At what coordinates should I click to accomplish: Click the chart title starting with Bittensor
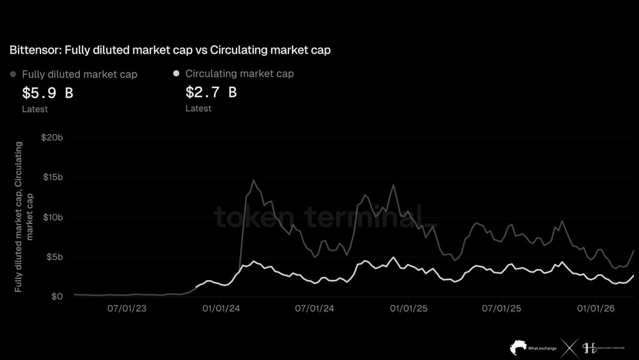170,50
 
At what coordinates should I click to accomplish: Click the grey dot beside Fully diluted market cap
14,74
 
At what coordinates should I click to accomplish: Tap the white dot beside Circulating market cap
176,74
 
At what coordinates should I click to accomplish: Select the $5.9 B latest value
47,93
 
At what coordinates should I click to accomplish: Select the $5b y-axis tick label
53,257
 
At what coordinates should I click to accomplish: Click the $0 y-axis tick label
57,296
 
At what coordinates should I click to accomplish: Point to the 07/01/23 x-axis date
127,308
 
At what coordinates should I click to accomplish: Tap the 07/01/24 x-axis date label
315,308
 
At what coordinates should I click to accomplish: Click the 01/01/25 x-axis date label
409,308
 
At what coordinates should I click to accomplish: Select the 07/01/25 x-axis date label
502,308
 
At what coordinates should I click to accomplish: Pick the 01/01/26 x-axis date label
596,308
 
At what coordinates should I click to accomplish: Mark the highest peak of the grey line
253,180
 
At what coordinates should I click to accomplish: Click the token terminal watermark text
324,218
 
